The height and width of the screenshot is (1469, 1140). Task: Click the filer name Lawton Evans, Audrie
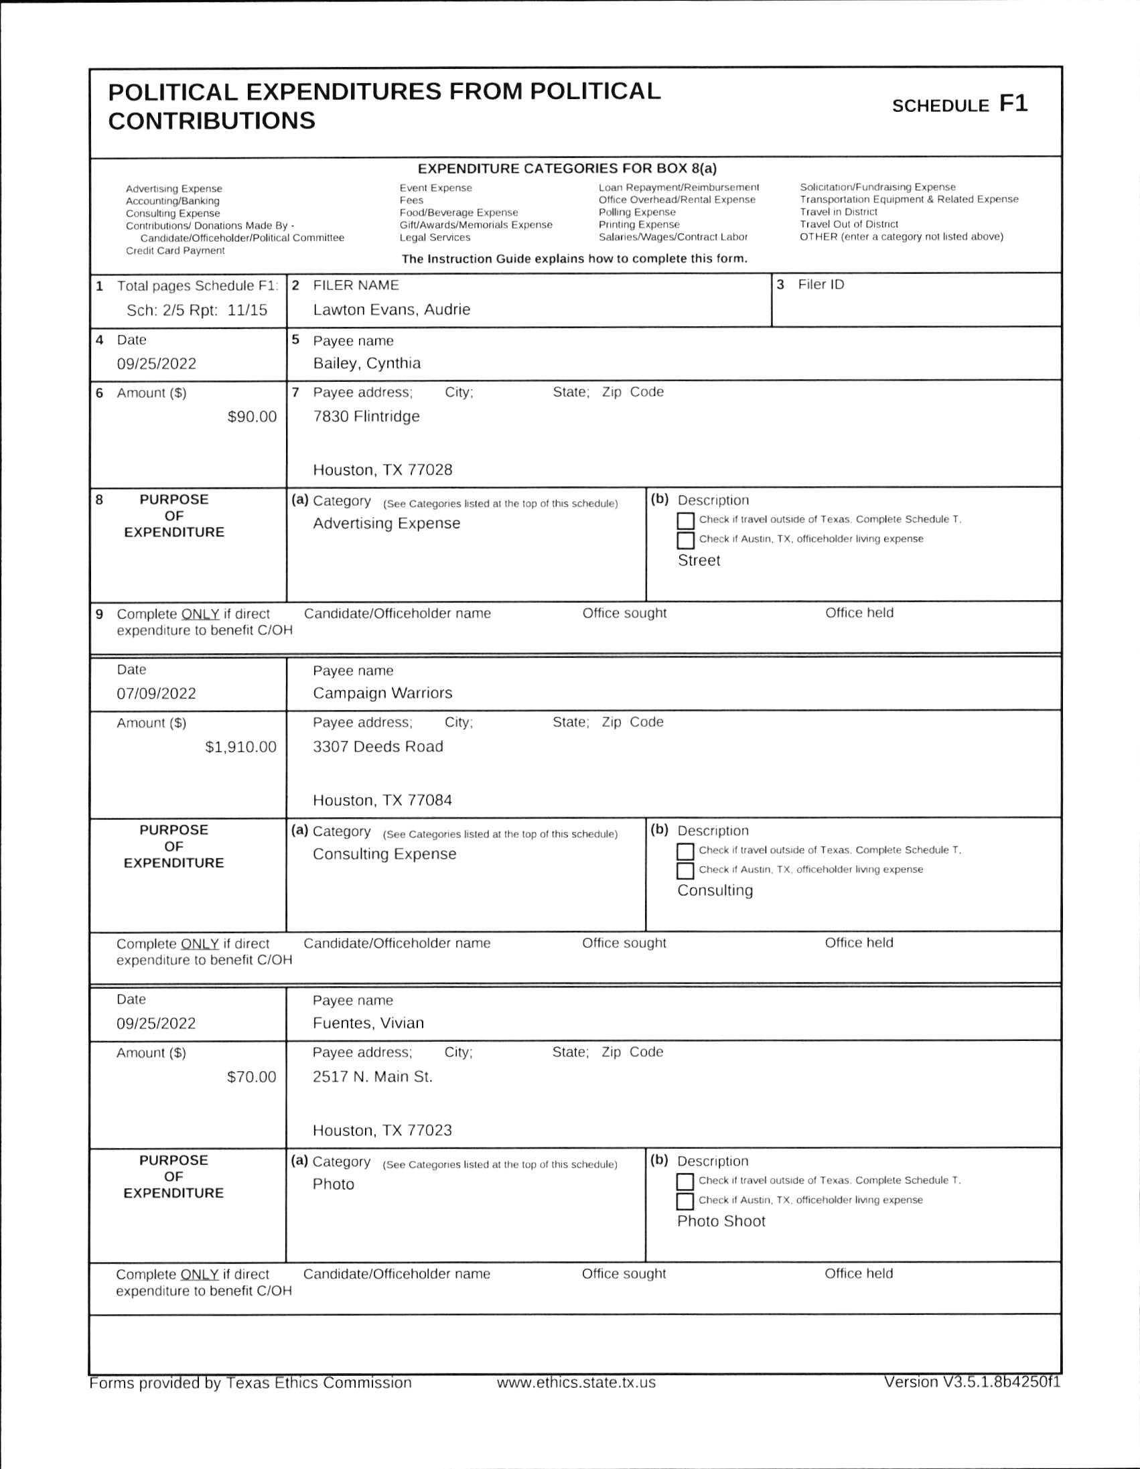391,309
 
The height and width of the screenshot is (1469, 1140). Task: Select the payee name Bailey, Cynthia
366,363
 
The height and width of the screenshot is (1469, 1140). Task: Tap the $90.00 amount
252,417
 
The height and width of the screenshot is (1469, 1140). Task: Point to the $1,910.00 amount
240,747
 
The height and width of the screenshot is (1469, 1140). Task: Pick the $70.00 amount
252,1077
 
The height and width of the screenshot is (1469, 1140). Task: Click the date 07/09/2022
156,693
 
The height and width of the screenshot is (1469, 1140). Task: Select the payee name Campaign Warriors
382,693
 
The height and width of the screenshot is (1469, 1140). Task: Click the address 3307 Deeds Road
378,747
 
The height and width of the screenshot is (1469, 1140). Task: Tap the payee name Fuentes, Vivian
368,1023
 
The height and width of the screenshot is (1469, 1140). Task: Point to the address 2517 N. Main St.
372,1077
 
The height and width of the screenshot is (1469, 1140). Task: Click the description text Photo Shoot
721,1220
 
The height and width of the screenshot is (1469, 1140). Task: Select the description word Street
699,560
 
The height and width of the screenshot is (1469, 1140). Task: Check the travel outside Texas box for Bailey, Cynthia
685,521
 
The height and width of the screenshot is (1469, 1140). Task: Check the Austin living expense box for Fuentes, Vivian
685,1201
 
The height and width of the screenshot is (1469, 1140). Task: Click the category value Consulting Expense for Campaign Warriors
384,853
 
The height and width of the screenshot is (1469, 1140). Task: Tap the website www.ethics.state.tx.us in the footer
576,1382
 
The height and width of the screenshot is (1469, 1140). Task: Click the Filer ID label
821,285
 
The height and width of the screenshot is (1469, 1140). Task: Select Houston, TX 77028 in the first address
382,470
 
